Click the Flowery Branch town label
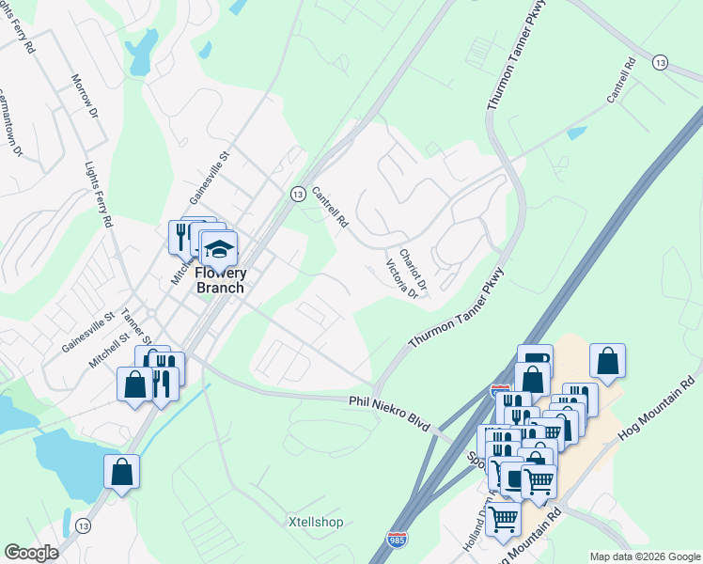pyautogui.click(x=219, y=280)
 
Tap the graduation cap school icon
pyautogui.click(x=219, y=249)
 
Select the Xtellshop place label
pyautogui.click(x=315, y=522)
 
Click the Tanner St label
pyautogui.click(x=136, y=328)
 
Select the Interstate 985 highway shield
pyautogui.click(x=397, y=542)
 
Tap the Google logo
pyautogui.click(x=30, y=553)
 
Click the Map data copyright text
pyautogui.click(x=645, y=556)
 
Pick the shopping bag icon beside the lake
pyautogui.click(x=122, y=472)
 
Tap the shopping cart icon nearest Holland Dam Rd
pyautogui.click(x=504, y=516)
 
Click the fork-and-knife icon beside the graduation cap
pyautogui.click(x=181, y=237)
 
